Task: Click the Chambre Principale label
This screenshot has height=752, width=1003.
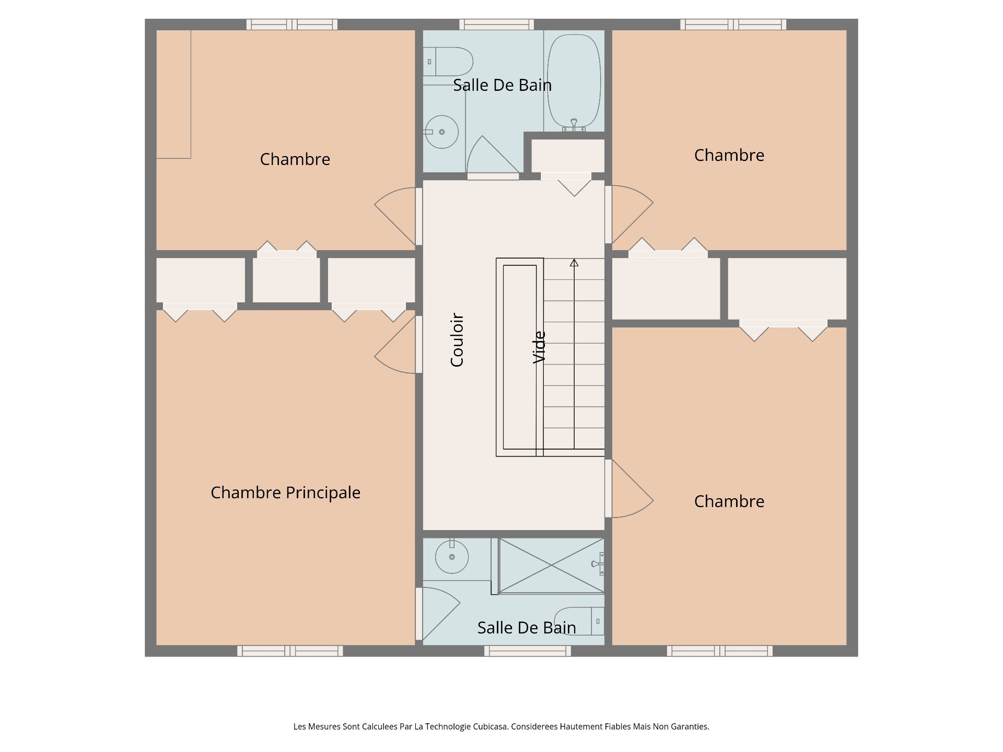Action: (285, 493)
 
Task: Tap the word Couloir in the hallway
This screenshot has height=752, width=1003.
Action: (457, 340)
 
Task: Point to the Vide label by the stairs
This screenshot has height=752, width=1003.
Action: (539, 347)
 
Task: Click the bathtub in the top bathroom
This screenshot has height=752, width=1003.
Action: (574, 80)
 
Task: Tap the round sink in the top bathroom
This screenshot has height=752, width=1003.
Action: (441, 132)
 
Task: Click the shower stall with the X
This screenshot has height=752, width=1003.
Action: (552, 566)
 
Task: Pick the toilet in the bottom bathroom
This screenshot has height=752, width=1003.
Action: (579, 621)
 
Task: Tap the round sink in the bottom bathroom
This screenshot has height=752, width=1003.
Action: (452, 557)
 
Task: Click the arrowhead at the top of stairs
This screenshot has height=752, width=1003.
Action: (574, 263)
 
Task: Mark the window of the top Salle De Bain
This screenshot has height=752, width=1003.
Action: (497, 25)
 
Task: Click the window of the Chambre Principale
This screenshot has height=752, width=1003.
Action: (290, 651)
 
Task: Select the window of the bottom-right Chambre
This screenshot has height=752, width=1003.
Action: (720, 651)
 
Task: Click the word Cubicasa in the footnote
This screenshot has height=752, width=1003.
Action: (490, 726)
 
